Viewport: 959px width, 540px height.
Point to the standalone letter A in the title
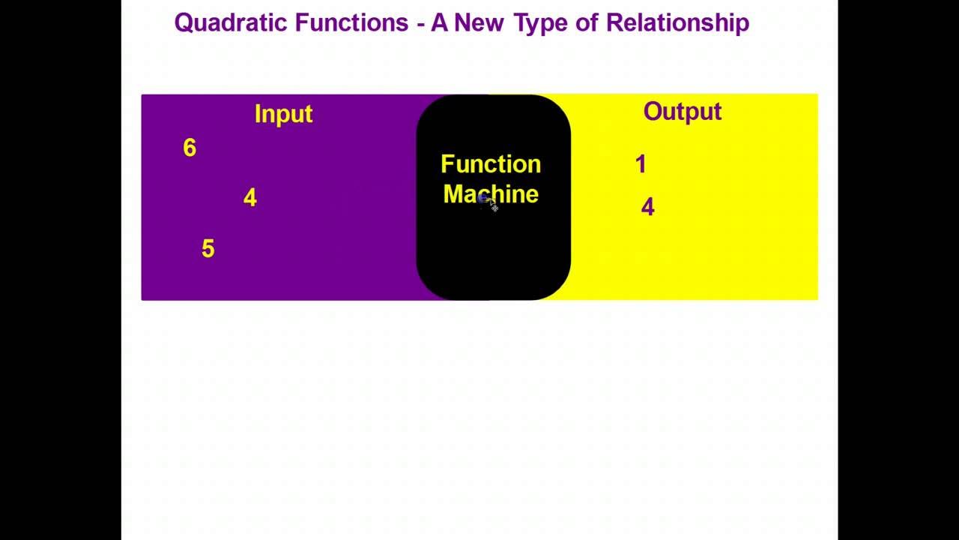pyautogui.click(x=438, y=22)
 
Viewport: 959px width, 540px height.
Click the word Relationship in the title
pyautogui.click(x=677, y=23)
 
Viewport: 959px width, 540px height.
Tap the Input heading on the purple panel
pyautogui.click(x=283, y=114)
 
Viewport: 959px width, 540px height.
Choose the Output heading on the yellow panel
pyautogui.click(x=682, y=112)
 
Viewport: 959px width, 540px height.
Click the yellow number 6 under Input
pyautogui.click(x=190, y=148)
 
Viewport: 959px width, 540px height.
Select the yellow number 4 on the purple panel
pyautogui.click(x=250, y=198)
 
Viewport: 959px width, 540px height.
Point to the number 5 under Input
pyautogui.click(x=208, y=249)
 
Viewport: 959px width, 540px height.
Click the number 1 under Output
pyautogui.click(x=640, y=165)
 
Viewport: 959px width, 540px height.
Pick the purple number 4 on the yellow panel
pyautogui.click(x=647, y=208)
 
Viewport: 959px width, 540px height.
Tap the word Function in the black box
pyautogui.click(x=491, y=164)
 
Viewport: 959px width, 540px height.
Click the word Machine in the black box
pyautogui.click(x=491, y=194)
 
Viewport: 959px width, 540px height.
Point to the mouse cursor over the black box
pyautogui.click(x=488, y=202)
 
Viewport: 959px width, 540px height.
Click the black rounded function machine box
pyautogui.click(x=493, y=255)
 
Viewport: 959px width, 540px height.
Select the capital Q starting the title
pyautogui.click(x=184, y=22)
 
